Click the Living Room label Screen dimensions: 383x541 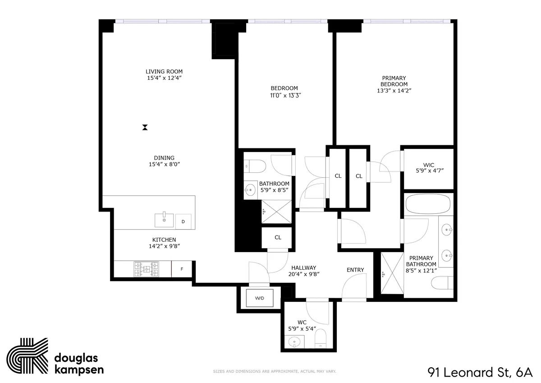click(164, 71)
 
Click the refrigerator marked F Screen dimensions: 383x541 click(182, 269)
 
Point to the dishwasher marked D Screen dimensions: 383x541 click(183, 221)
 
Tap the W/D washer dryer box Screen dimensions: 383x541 click(260, 298)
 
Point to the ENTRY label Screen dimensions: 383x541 click(355, 270)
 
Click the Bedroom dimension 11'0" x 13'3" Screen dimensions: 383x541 click(284, 95)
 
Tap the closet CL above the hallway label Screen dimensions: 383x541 click(278, 237)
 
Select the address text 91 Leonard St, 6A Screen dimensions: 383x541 click(480, 373)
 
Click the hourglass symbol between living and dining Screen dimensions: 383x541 click(145, 128)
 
